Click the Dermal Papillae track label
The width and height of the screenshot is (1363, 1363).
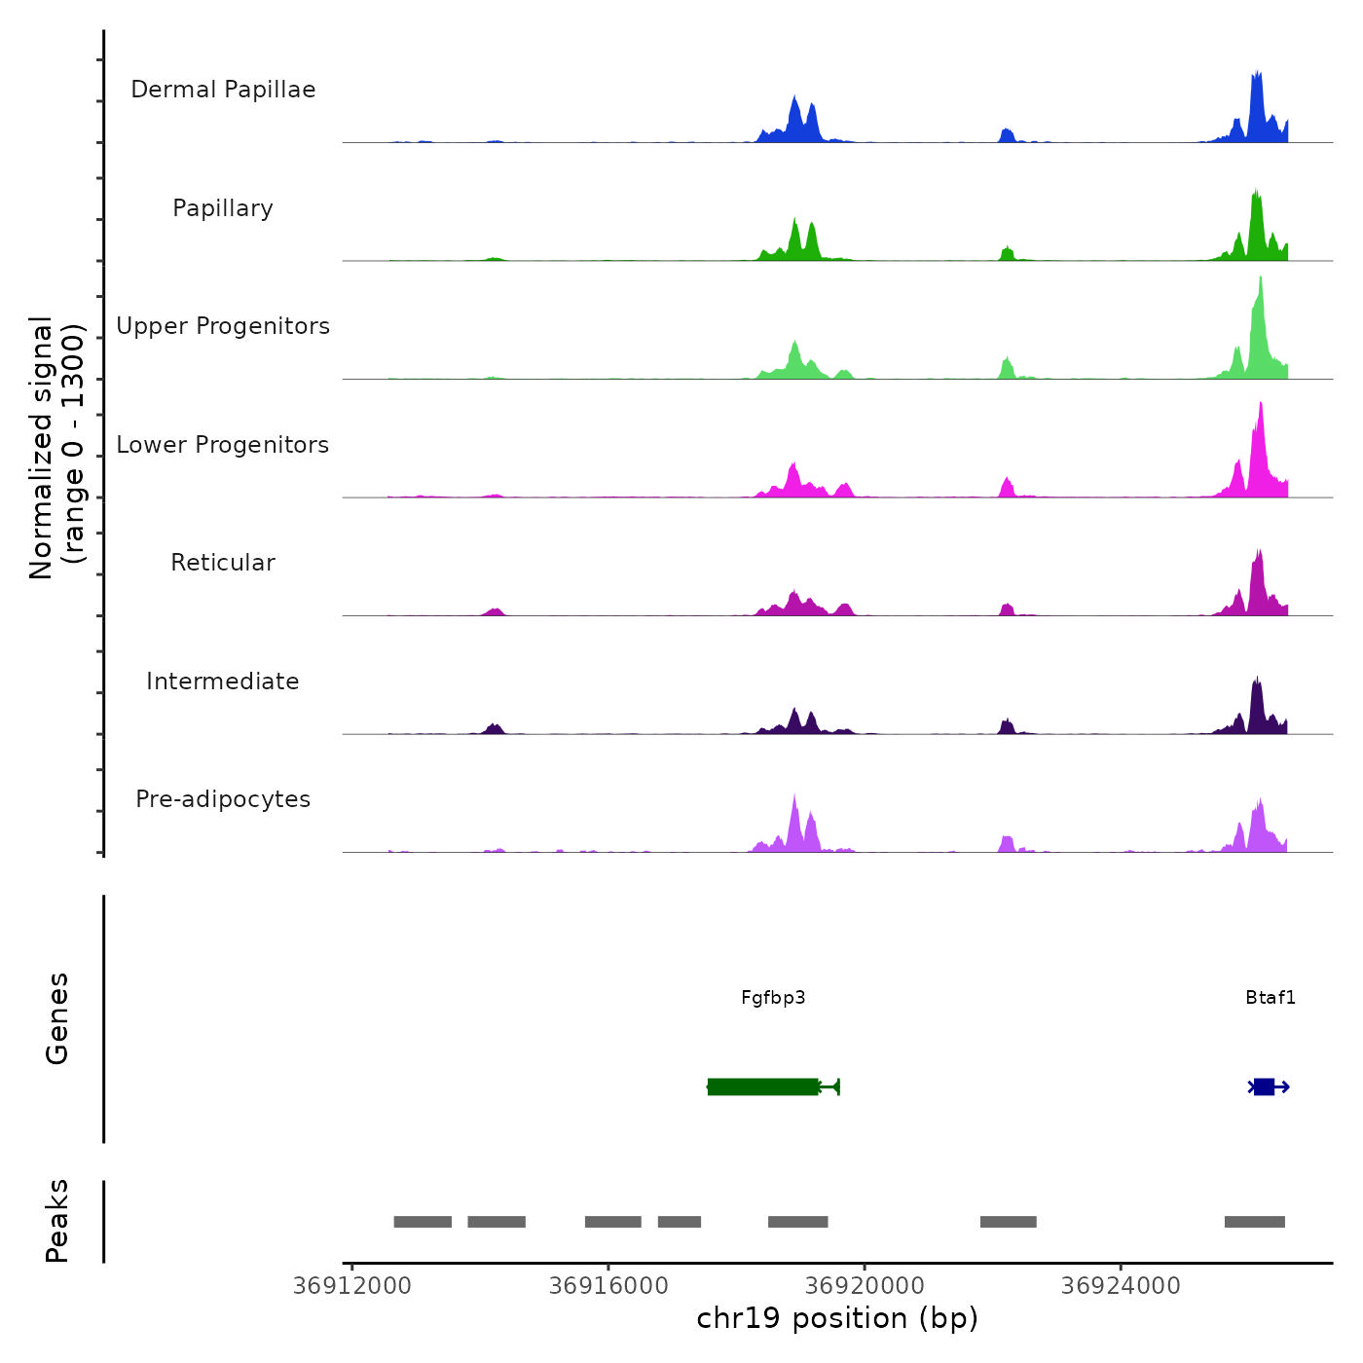pos(223,90)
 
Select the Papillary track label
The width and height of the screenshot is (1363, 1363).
pos(223,208)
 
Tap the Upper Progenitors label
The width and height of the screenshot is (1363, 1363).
pos(223,326)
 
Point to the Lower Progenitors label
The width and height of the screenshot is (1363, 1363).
pos(223,445)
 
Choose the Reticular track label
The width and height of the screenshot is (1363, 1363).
pos(223,563)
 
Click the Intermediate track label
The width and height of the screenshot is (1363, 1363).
pos(223,681)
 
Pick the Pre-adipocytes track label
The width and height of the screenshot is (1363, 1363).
pos(223,799)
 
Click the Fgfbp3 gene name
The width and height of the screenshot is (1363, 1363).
pos(773,998)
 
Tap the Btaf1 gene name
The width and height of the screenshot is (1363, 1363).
pos(1271,998)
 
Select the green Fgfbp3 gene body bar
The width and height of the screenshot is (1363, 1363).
pos(763,1087)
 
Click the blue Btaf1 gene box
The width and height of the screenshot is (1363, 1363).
pos(1264,1087)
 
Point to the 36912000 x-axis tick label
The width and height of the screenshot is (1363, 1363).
pos(352,1286)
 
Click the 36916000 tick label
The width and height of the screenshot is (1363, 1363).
pos(608,1286)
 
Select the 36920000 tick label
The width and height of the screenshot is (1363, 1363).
pos(865,1286)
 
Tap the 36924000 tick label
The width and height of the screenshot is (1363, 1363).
pos(1121,1286)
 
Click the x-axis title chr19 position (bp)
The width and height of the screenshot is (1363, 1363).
pos(837,1318)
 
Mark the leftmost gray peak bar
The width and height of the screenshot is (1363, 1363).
pos(423,1222)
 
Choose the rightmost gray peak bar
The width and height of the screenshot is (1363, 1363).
pos(1255,1222)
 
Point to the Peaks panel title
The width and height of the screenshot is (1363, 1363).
pos(57,1221)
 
